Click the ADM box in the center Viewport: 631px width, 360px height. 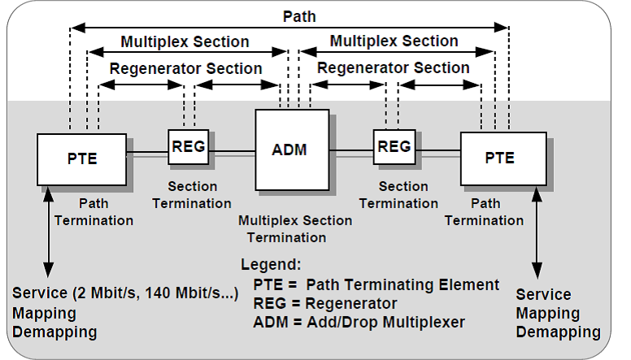(x=289, y=149)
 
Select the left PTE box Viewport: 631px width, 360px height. (x=81, y=158)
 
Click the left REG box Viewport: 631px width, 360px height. (x=189, y=146)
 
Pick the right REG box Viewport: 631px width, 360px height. (x=394, y=146)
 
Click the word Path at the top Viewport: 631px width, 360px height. (x=299, y=15)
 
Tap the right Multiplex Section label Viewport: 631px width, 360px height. (x=394, y=41)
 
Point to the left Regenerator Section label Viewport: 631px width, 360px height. (x=186, y=68)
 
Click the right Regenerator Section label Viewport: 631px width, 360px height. (x=394, y=67)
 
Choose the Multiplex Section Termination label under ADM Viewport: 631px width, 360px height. (x=295, y=229)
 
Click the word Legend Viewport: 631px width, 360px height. (x=270, y=265)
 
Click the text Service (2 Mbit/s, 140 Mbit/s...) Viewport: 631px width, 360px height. (x=125, y=293)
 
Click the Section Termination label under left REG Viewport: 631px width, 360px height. (x=192, y=195)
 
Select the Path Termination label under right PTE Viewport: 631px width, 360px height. (x=485, y=212)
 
